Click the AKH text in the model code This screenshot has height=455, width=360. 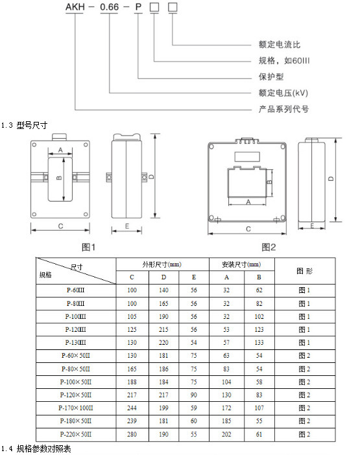[75, 6]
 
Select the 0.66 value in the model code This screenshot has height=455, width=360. [110, 6]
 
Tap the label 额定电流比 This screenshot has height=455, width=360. [280, 44]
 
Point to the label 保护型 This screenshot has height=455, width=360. [271, 76]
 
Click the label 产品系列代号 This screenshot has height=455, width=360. [283, 109]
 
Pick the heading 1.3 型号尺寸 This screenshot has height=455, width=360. [24, 125]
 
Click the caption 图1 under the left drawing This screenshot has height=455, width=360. [89, 247]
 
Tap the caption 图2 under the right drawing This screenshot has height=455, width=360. [269, 247]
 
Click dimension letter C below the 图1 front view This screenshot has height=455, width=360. [60, 226]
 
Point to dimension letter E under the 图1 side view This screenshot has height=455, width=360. [127, 226]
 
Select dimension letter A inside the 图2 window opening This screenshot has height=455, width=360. [248, 202]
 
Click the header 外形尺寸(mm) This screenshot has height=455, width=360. [162, 264]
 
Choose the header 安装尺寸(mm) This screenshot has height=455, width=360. [241, 264]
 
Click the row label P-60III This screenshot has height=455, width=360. [75, 290]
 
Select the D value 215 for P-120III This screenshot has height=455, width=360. [163, 330]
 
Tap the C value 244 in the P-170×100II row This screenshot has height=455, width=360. [132, 408]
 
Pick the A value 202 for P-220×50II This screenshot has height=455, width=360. [226, 434]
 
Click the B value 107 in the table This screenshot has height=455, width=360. [259, 408]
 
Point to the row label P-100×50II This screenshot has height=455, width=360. [75, 382]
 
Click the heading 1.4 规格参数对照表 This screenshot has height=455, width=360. [36, 449]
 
